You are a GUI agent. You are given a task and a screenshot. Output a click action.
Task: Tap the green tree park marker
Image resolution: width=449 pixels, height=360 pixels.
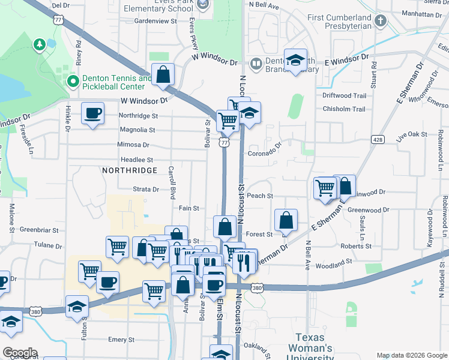pyautogui.click(x=40, y=44)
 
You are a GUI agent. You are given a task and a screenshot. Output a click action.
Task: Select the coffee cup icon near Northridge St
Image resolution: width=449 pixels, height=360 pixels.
pyautogui.click(x=92, y=113)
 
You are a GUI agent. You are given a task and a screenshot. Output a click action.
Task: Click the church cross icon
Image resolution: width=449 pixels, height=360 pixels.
pyautogui.click(x=380, y=22)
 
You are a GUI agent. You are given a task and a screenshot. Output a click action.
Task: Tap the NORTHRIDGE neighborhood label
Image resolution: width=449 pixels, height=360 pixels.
pyautogui.click(x=130, y=170)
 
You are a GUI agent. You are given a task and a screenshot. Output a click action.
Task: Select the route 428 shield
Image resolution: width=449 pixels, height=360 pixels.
pyautogui.click(x=378, y=139)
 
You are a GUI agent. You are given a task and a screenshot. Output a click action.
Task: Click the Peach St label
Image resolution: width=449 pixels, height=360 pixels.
pyautogui.click(x=260, y=196)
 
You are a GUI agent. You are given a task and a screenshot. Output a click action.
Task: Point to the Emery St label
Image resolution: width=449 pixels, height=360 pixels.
pyautogui.click(x=122, y=340)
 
